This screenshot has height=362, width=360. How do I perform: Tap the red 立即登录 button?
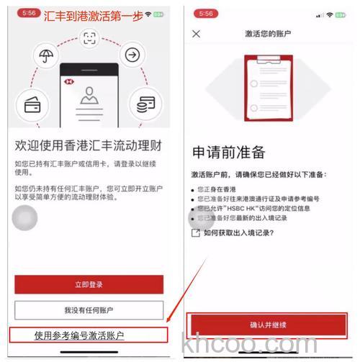click(89, 285)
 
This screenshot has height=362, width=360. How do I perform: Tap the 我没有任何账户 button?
click(89, 310)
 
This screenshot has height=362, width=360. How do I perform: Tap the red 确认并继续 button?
click(269, 325)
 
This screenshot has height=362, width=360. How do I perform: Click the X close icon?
click(197, 34)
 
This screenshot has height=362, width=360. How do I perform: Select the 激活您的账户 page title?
click(268, 34)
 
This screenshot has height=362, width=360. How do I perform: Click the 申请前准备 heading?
click(228, 153)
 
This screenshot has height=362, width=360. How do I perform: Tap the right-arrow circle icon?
click(132, 55)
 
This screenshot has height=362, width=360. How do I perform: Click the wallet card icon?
click(32, 105)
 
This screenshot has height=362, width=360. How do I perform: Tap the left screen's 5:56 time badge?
click(25, 13)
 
